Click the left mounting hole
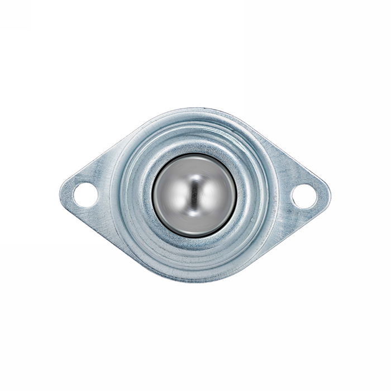[x=85, y=194]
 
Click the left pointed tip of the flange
[x=61, y=192]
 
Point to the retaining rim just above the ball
[x=194, y=147]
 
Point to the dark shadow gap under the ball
[x=194, y=235]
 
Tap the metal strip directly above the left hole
[x=85, y=177]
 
